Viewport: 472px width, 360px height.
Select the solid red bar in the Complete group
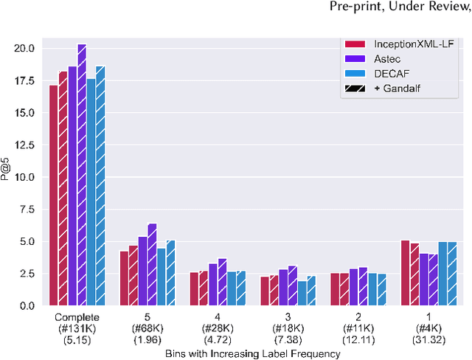54,195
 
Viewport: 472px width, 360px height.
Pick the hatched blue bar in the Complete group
100,185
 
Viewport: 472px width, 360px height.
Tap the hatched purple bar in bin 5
153,264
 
